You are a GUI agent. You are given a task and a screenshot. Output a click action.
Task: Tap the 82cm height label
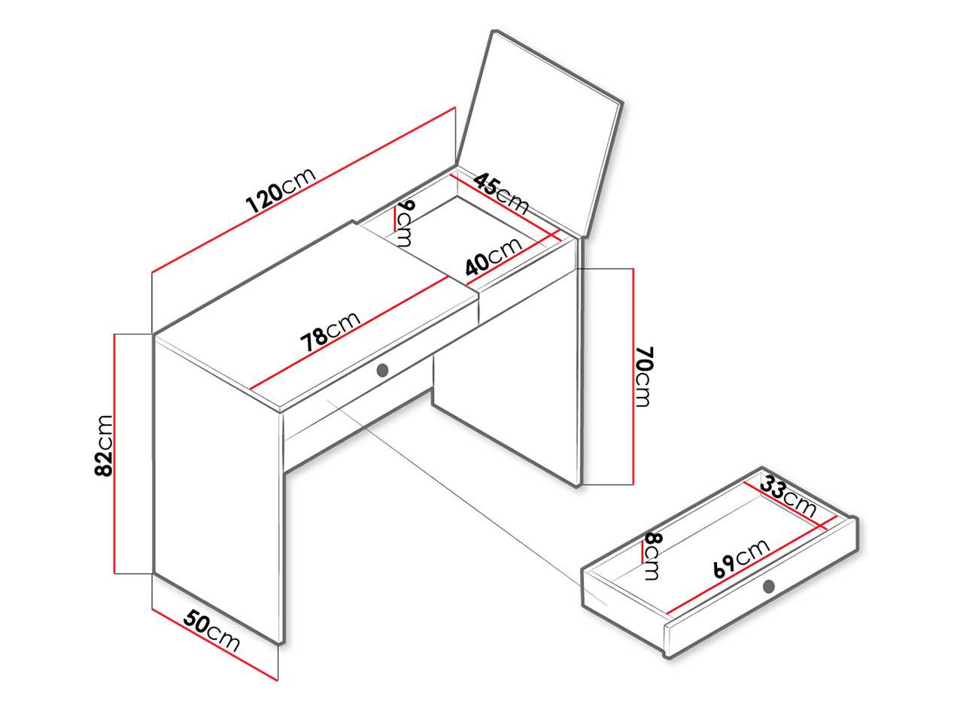point(104,445)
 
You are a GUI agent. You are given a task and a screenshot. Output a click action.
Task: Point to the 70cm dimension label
point(643,377)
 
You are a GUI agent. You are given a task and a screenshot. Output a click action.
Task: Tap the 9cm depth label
point(405,223)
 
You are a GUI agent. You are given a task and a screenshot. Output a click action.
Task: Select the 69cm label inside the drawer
point(742,559)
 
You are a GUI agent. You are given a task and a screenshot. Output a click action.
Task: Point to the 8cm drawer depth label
point(653,557)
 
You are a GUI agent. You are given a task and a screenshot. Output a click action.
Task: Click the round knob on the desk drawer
point(383,370)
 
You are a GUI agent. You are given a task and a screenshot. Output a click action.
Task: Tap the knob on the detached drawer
point(768,586)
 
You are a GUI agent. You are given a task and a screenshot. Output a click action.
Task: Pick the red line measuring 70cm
point(633,377)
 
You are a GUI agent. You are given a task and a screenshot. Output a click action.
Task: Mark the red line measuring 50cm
point(214,645)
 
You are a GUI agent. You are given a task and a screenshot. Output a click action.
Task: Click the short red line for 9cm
point(395,218)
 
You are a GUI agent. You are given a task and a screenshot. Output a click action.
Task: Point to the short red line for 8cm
point(643,551)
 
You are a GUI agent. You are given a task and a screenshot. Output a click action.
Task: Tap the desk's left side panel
point(217,487)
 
